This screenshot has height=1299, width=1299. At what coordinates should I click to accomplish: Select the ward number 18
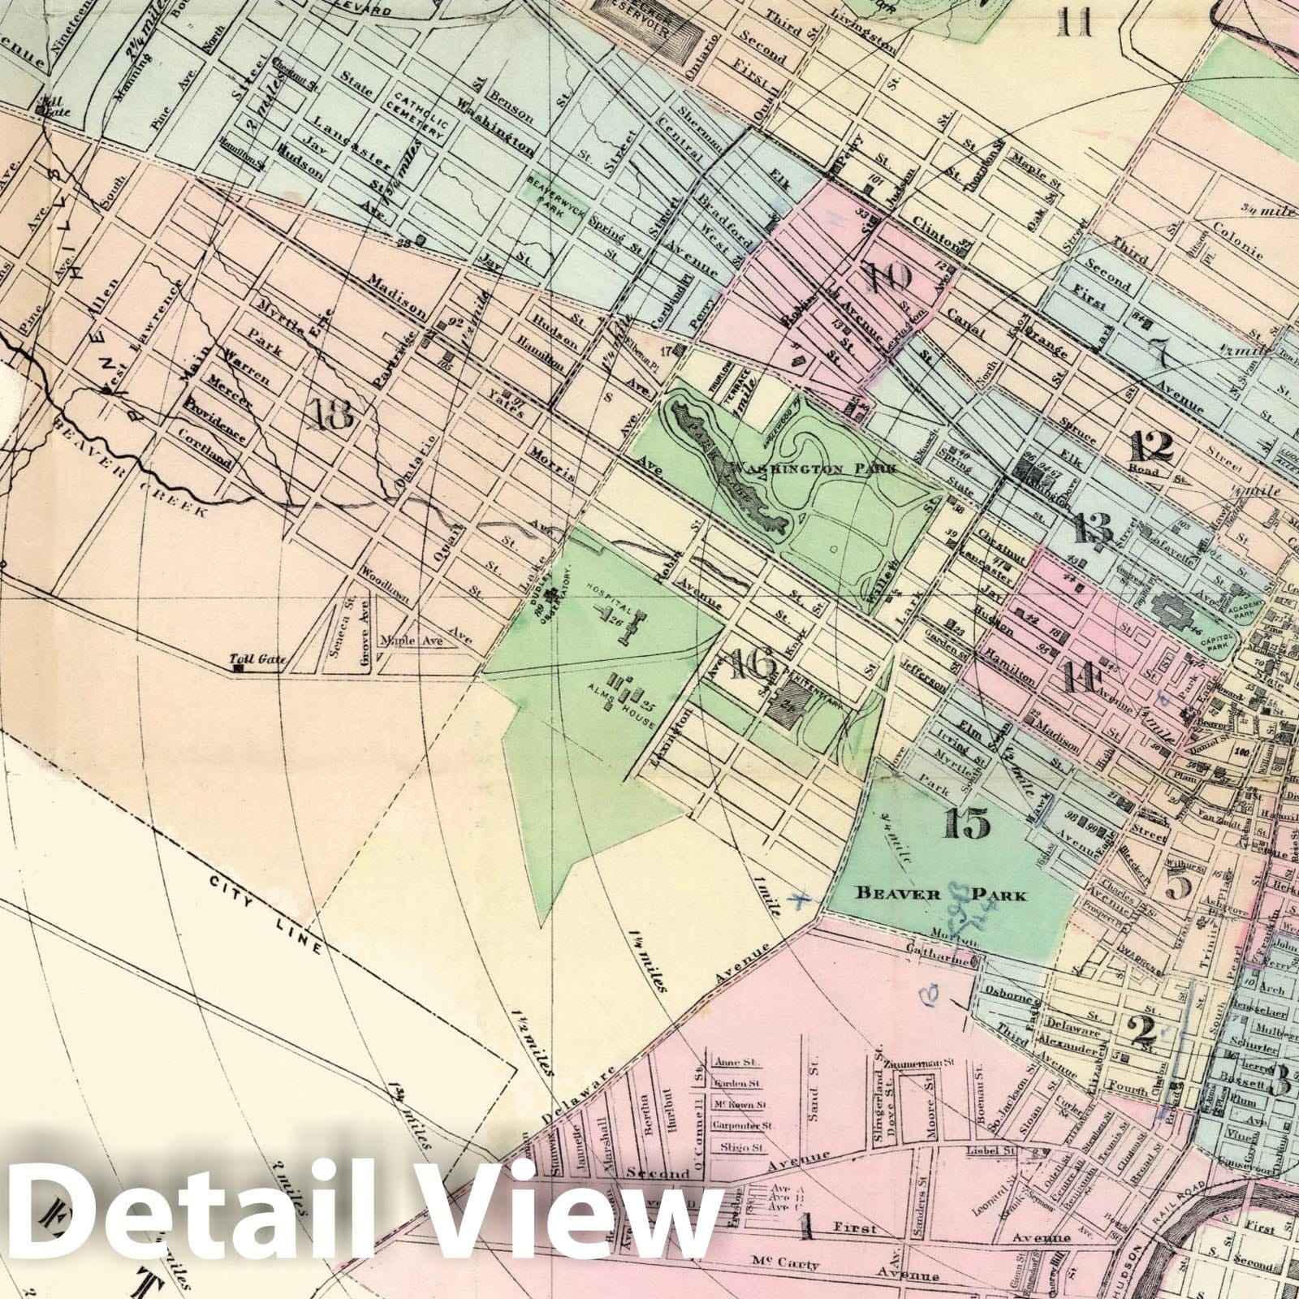tap(331, 416)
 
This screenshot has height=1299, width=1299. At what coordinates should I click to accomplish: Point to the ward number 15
tap(968, 824)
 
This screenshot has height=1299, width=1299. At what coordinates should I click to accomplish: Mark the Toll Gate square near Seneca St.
tap(239, 669)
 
